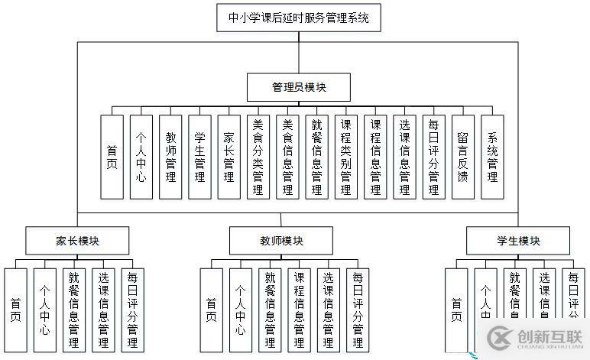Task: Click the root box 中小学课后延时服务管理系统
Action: click(298, 18)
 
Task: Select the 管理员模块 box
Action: click(299, 87)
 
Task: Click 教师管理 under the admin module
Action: click(170, 157)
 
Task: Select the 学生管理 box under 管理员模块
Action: click(199, 157)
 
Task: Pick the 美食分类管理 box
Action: click(258, 157)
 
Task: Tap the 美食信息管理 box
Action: click(287, 157)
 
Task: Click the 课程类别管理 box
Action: click(345, 157)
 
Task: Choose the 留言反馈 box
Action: click(462, 157)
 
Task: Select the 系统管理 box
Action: click(492, 157)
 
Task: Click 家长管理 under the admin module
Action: click(229, 157)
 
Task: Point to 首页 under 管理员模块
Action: click(112, 157)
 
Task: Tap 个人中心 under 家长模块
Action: click(44, 310)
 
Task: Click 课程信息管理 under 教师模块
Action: click(299, 310)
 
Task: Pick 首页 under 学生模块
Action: click(456, 310)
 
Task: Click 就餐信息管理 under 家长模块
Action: click(74, 310)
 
